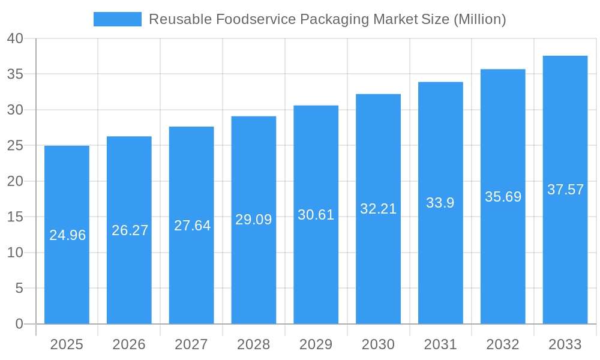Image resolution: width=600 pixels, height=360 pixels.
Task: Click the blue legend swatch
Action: [x=118, y=19]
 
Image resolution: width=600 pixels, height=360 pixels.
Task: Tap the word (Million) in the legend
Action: [x=479, y=19]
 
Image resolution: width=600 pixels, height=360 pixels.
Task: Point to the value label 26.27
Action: [x=130, y=230]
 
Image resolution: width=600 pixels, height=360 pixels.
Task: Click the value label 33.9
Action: [x=440, y=203]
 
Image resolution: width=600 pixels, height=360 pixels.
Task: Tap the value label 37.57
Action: [x=565, y=190]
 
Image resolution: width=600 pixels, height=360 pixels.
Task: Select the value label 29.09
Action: [x=253, y=220]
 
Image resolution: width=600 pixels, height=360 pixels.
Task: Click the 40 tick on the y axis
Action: [x=15, y=39]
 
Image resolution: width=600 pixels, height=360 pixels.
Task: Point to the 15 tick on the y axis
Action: [x=15, y=217]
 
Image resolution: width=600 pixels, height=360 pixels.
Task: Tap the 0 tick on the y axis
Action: [x=19, y=324]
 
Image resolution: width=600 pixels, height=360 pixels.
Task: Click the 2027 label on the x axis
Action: [x=191, y=344]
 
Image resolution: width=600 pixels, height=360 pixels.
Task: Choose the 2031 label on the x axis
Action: [x=440, y=344]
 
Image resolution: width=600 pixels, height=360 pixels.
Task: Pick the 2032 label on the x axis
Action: [x=503, y=344]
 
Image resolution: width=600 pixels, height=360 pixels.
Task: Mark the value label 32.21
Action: [x=378, y=209]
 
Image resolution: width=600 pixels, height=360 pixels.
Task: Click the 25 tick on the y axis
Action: [x=15, y=146]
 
